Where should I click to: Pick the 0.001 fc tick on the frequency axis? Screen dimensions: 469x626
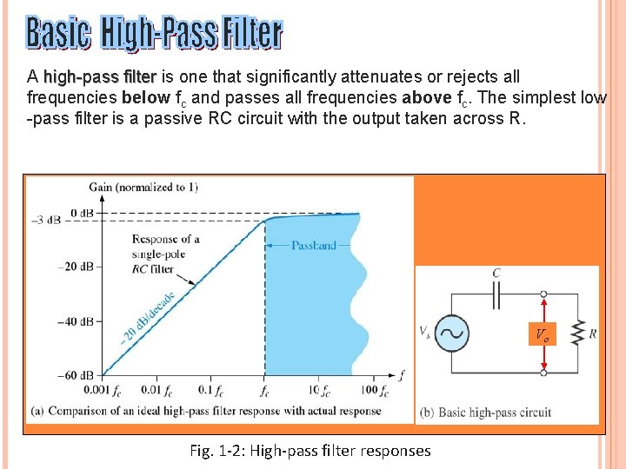[x=103, y=390]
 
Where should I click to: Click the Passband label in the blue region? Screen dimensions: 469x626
[x=313, y=246]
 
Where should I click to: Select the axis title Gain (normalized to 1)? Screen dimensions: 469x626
[x=143, y=188]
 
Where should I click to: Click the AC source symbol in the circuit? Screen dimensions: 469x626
[x=452, y=334]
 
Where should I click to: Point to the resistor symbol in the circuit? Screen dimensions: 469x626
[x=576, y=334]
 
